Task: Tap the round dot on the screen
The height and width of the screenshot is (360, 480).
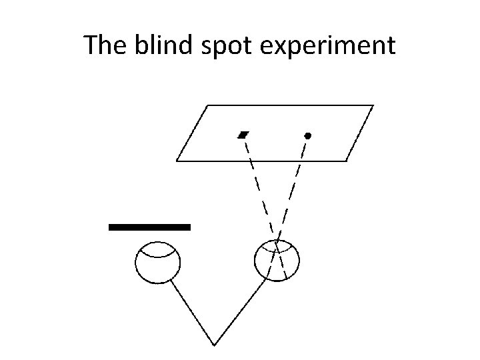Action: pyautogui.click(x=307, y=135)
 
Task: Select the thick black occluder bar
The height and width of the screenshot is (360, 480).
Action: pyautogui.click(x=149, y=227)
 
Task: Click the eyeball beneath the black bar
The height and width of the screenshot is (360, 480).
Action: pyautogui.click(x=157, y=263)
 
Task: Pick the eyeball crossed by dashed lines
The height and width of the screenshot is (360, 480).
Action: pyautogui.click(x=277, y=260)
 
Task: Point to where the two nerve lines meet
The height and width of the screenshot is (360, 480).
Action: pyautogui.click(x=214, y=345)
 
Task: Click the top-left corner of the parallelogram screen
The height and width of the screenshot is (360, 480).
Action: pyautogui.click(x=209, y=105)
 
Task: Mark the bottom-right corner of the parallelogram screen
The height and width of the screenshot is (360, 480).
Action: pyautogui.click(x=347, y=161)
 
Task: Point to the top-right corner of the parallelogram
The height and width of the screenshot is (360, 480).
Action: pyautogui.click(x=373, y=105)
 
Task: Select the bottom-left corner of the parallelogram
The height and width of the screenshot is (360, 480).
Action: pyautogui.click(x=177, y=161)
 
